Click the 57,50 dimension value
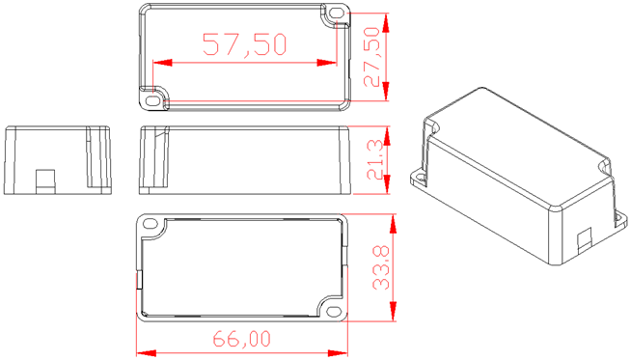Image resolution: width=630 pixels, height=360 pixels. [x=245, y=44]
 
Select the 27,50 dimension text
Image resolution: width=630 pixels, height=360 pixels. [x=371, y=57]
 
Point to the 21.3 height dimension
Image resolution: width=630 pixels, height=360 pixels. [x=375, y=160]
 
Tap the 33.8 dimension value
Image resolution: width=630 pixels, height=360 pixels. [x=381, y=267]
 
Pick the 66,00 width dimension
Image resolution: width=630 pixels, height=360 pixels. [x=242, y=339]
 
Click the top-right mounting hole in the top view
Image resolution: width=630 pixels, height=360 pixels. [x=336, y=14]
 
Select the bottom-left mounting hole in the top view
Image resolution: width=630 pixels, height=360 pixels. [x=152, y=100]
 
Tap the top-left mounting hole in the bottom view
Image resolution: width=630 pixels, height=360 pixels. [x=150, y=223]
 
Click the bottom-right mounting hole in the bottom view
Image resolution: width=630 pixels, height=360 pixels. [x=333, y=312]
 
